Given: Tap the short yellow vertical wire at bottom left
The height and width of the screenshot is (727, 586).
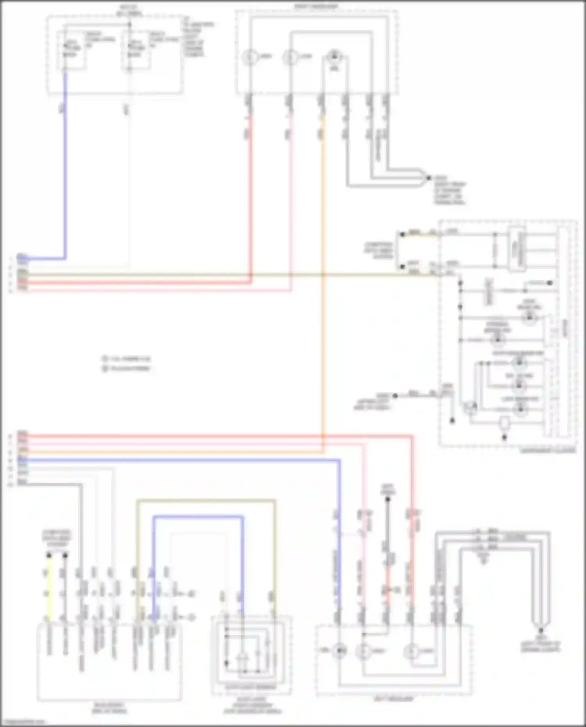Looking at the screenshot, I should [49, 586].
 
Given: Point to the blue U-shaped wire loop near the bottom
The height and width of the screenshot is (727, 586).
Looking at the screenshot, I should [198, 518].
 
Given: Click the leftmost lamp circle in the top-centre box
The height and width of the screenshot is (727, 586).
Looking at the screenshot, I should [249, 57].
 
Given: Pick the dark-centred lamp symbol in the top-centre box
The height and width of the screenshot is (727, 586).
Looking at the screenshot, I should [334, 57].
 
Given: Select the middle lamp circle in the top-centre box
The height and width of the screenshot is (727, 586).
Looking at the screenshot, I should [290, 57].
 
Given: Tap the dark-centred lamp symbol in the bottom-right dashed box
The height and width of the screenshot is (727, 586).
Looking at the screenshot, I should [339, 650].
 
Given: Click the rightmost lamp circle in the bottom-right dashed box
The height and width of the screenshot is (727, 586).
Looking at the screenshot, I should [411, 651].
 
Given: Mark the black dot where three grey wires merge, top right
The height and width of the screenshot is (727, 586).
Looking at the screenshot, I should [429, 178].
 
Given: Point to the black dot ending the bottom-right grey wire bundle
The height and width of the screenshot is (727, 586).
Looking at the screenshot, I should [541, 631].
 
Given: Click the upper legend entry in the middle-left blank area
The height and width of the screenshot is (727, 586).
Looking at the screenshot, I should [126, 359].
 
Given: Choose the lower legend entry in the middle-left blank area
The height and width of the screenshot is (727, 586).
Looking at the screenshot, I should [126, 368].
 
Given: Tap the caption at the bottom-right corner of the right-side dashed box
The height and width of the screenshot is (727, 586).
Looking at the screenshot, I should [548, 450].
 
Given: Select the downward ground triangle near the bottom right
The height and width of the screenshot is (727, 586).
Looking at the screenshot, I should [483, 561].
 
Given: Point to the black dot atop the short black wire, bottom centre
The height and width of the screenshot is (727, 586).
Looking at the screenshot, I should [388, 499].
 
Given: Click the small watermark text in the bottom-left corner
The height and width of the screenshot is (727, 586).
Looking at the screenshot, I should [23, 722].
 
